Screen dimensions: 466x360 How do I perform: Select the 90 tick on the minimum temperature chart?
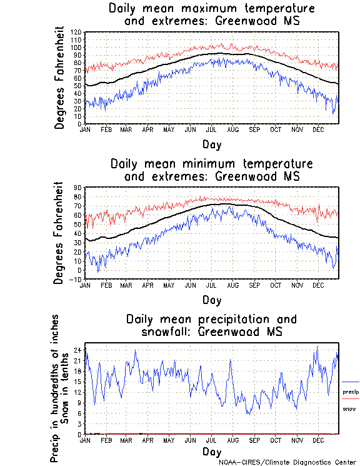click(x=78, y=187)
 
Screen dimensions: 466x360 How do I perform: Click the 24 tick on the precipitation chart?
click(x=78, y=350)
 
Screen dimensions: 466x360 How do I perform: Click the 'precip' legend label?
click(x=351, y=392)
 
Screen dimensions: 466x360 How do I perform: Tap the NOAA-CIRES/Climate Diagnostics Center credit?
click(x=288, y=462)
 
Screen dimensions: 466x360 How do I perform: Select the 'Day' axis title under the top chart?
click(x=212, y=144)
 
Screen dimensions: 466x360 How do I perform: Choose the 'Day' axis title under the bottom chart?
click(x=212, y=451)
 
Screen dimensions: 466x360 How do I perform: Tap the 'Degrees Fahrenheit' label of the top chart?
click(x=59, y=78)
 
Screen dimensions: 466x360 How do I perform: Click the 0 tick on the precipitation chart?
click(x=80, y=434)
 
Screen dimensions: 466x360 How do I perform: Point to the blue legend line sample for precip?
click(x=351, y=382)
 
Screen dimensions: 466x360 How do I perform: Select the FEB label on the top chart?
click(x=106, y=129)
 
